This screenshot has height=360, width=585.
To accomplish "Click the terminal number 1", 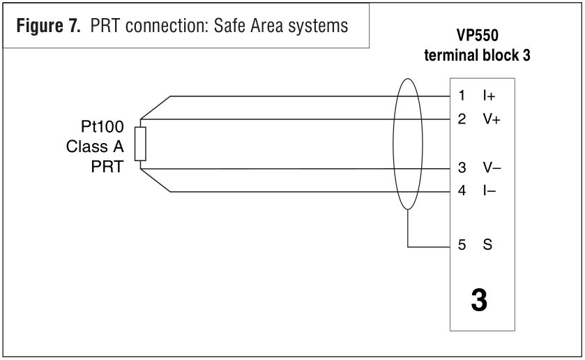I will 462,96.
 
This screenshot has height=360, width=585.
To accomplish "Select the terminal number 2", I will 462,119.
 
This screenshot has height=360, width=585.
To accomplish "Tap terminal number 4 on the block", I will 462,190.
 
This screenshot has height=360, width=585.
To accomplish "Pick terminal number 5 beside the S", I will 462,246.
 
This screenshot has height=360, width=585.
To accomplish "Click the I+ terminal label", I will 489,96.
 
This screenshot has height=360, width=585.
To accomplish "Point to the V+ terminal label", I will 492,119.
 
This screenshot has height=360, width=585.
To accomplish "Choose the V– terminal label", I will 492,168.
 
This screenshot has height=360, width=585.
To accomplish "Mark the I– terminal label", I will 489,190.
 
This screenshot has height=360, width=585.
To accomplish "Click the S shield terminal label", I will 487,246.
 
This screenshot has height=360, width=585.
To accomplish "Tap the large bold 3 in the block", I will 479,301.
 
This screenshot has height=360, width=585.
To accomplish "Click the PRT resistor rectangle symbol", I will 140,144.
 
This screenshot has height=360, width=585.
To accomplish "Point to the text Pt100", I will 102,128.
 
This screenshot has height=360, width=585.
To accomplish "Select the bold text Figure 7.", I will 46,27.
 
